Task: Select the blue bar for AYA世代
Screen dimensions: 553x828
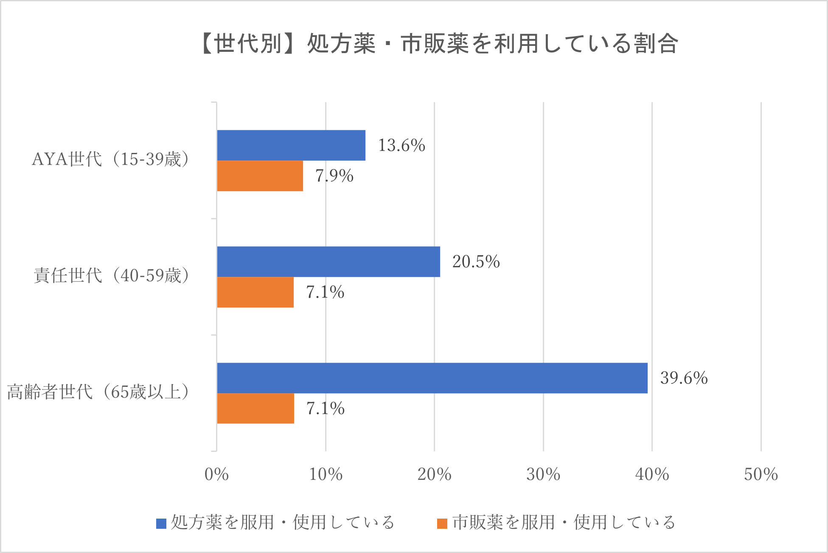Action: point(291,145)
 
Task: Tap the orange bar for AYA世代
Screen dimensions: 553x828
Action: point(260,176)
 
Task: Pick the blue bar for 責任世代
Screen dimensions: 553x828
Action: point(328,262)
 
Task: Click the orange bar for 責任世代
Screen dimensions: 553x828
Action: point(255,292)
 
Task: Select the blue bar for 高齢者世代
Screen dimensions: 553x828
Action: point(432,378)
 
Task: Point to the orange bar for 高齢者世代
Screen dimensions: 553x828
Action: point(255,408)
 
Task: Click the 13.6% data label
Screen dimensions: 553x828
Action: point(401,145)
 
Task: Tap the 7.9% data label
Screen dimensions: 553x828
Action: point(334,176)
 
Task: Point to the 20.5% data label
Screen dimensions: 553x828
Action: point(476,262)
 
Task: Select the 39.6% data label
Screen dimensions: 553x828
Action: point(684,378)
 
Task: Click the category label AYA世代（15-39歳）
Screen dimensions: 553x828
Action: point(110,159)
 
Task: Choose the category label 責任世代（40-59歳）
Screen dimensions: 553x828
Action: point(111,276)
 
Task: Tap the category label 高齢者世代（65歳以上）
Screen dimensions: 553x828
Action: point(98,392)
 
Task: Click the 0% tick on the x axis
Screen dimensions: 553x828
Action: point(216,474)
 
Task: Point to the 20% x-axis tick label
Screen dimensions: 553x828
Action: point(434,474)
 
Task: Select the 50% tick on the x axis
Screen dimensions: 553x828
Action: point(761,474)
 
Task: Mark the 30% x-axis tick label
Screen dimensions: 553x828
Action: point(543,474)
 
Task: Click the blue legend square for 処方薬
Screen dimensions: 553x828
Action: point(161,523)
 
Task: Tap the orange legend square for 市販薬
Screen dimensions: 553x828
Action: point(442,523)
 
